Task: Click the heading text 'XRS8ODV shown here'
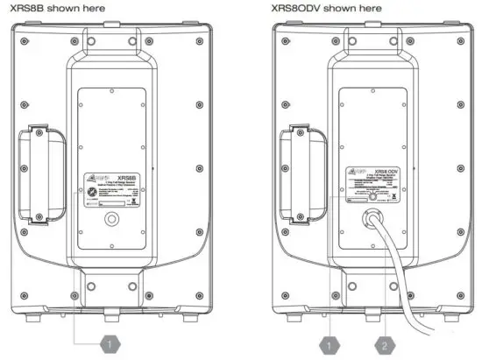(x=319, y=8)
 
